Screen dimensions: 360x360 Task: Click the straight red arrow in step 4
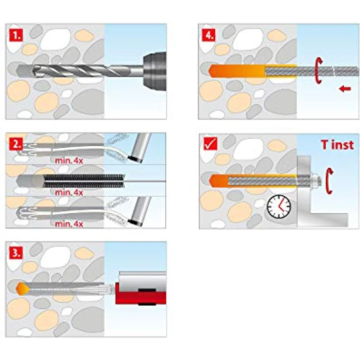(345, 89)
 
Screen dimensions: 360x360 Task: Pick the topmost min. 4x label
(68, 159)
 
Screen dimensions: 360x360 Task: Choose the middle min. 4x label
(68, 193)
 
